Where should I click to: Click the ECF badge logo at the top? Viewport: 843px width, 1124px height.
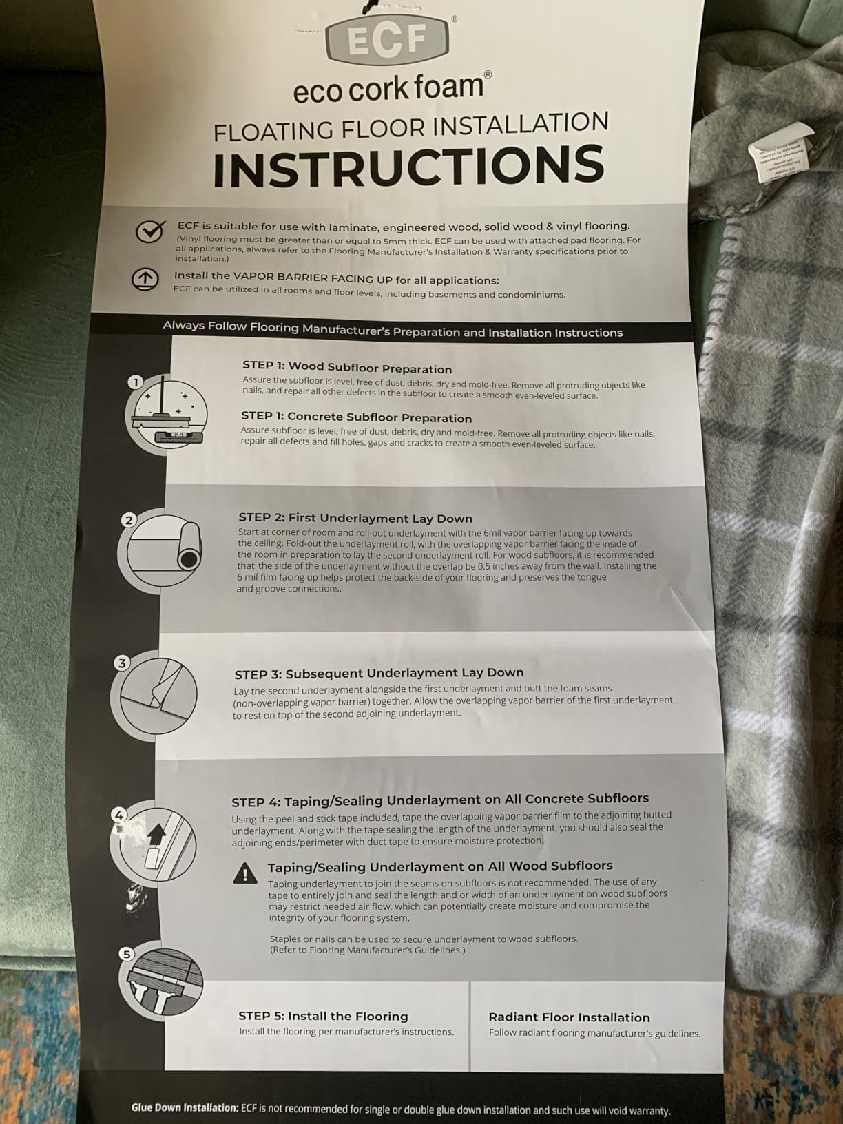(x=387, y=40)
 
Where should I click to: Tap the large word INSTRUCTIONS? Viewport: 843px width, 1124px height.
(x=408, y=165)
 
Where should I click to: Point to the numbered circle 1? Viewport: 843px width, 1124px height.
(x=136, y=382)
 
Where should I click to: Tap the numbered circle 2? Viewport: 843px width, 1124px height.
(x=129, y=520)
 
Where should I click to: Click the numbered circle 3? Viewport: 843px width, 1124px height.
(x=122, y=663)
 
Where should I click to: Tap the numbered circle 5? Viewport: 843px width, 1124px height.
(x=127, y=955)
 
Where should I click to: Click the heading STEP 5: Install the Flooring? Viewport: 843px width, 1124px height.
(x=323, y=1016)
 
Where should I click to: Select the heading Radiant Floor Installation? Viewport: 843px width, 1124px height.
(x=569, y=1017)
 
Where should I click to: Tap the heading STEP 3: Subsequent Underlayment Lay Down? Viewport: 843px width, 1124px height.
(x=379, y=674)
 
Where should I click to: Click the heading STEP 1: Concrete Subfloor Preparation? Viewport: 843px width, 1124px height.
(x=356, y=417)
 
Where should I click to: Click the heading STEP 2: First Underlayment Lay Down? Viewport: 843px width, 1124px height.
(x=355, y=518)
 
